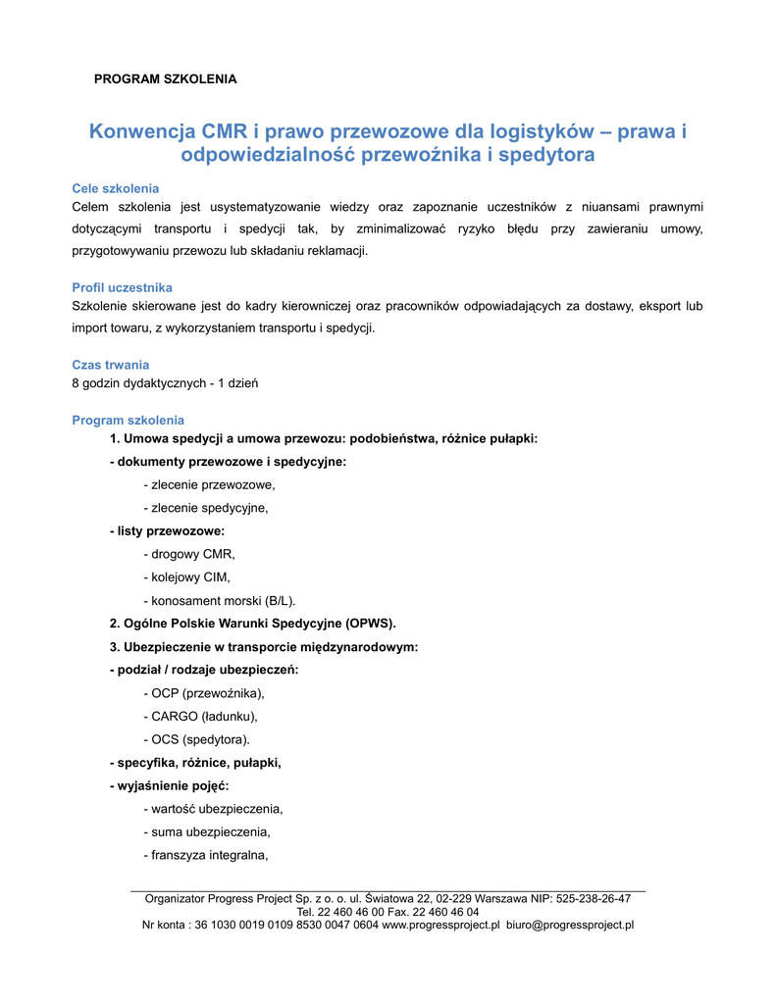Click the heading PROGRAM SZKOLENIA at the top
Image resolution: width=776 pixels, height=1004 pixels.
pos(165,78)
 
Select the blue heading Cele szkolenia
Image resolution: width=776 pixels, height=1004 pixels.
pos(116,188)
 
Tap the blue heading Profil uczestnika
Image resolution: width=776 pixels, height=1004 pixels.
pos(123,287)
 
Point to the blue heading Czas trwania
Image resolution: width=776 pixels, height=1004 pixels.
pos(111,365)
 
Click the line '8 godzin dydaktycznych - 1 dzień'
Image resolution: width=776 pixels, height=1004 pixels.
pos(165,382)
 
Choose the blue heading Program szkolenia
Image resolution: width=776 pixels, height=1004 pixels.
pos(129,421)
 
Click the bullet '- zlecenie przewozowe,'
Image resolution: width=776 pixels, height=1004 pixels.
pos(209,484)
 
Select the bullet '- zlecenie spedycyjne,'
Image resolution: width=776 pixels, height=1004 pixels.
pos(205,508)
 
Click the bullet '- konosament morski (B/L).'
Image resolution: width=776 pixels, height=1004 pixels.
pos(219,600)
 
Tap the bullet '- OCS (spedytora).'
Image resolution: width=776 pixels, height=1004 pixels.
pos(196,739)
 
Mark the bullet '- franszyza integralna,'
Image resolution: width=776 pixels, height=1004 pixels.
pos(206,855)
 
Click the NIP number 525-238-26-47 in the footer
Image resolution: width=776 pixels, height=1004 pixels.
pos(593,898)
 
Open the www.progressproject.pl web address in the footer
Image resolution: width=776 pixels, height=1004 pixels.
pos(440,925)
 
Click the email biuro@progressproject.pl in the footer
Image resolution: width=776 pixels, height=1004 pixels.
pos(570,925)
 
